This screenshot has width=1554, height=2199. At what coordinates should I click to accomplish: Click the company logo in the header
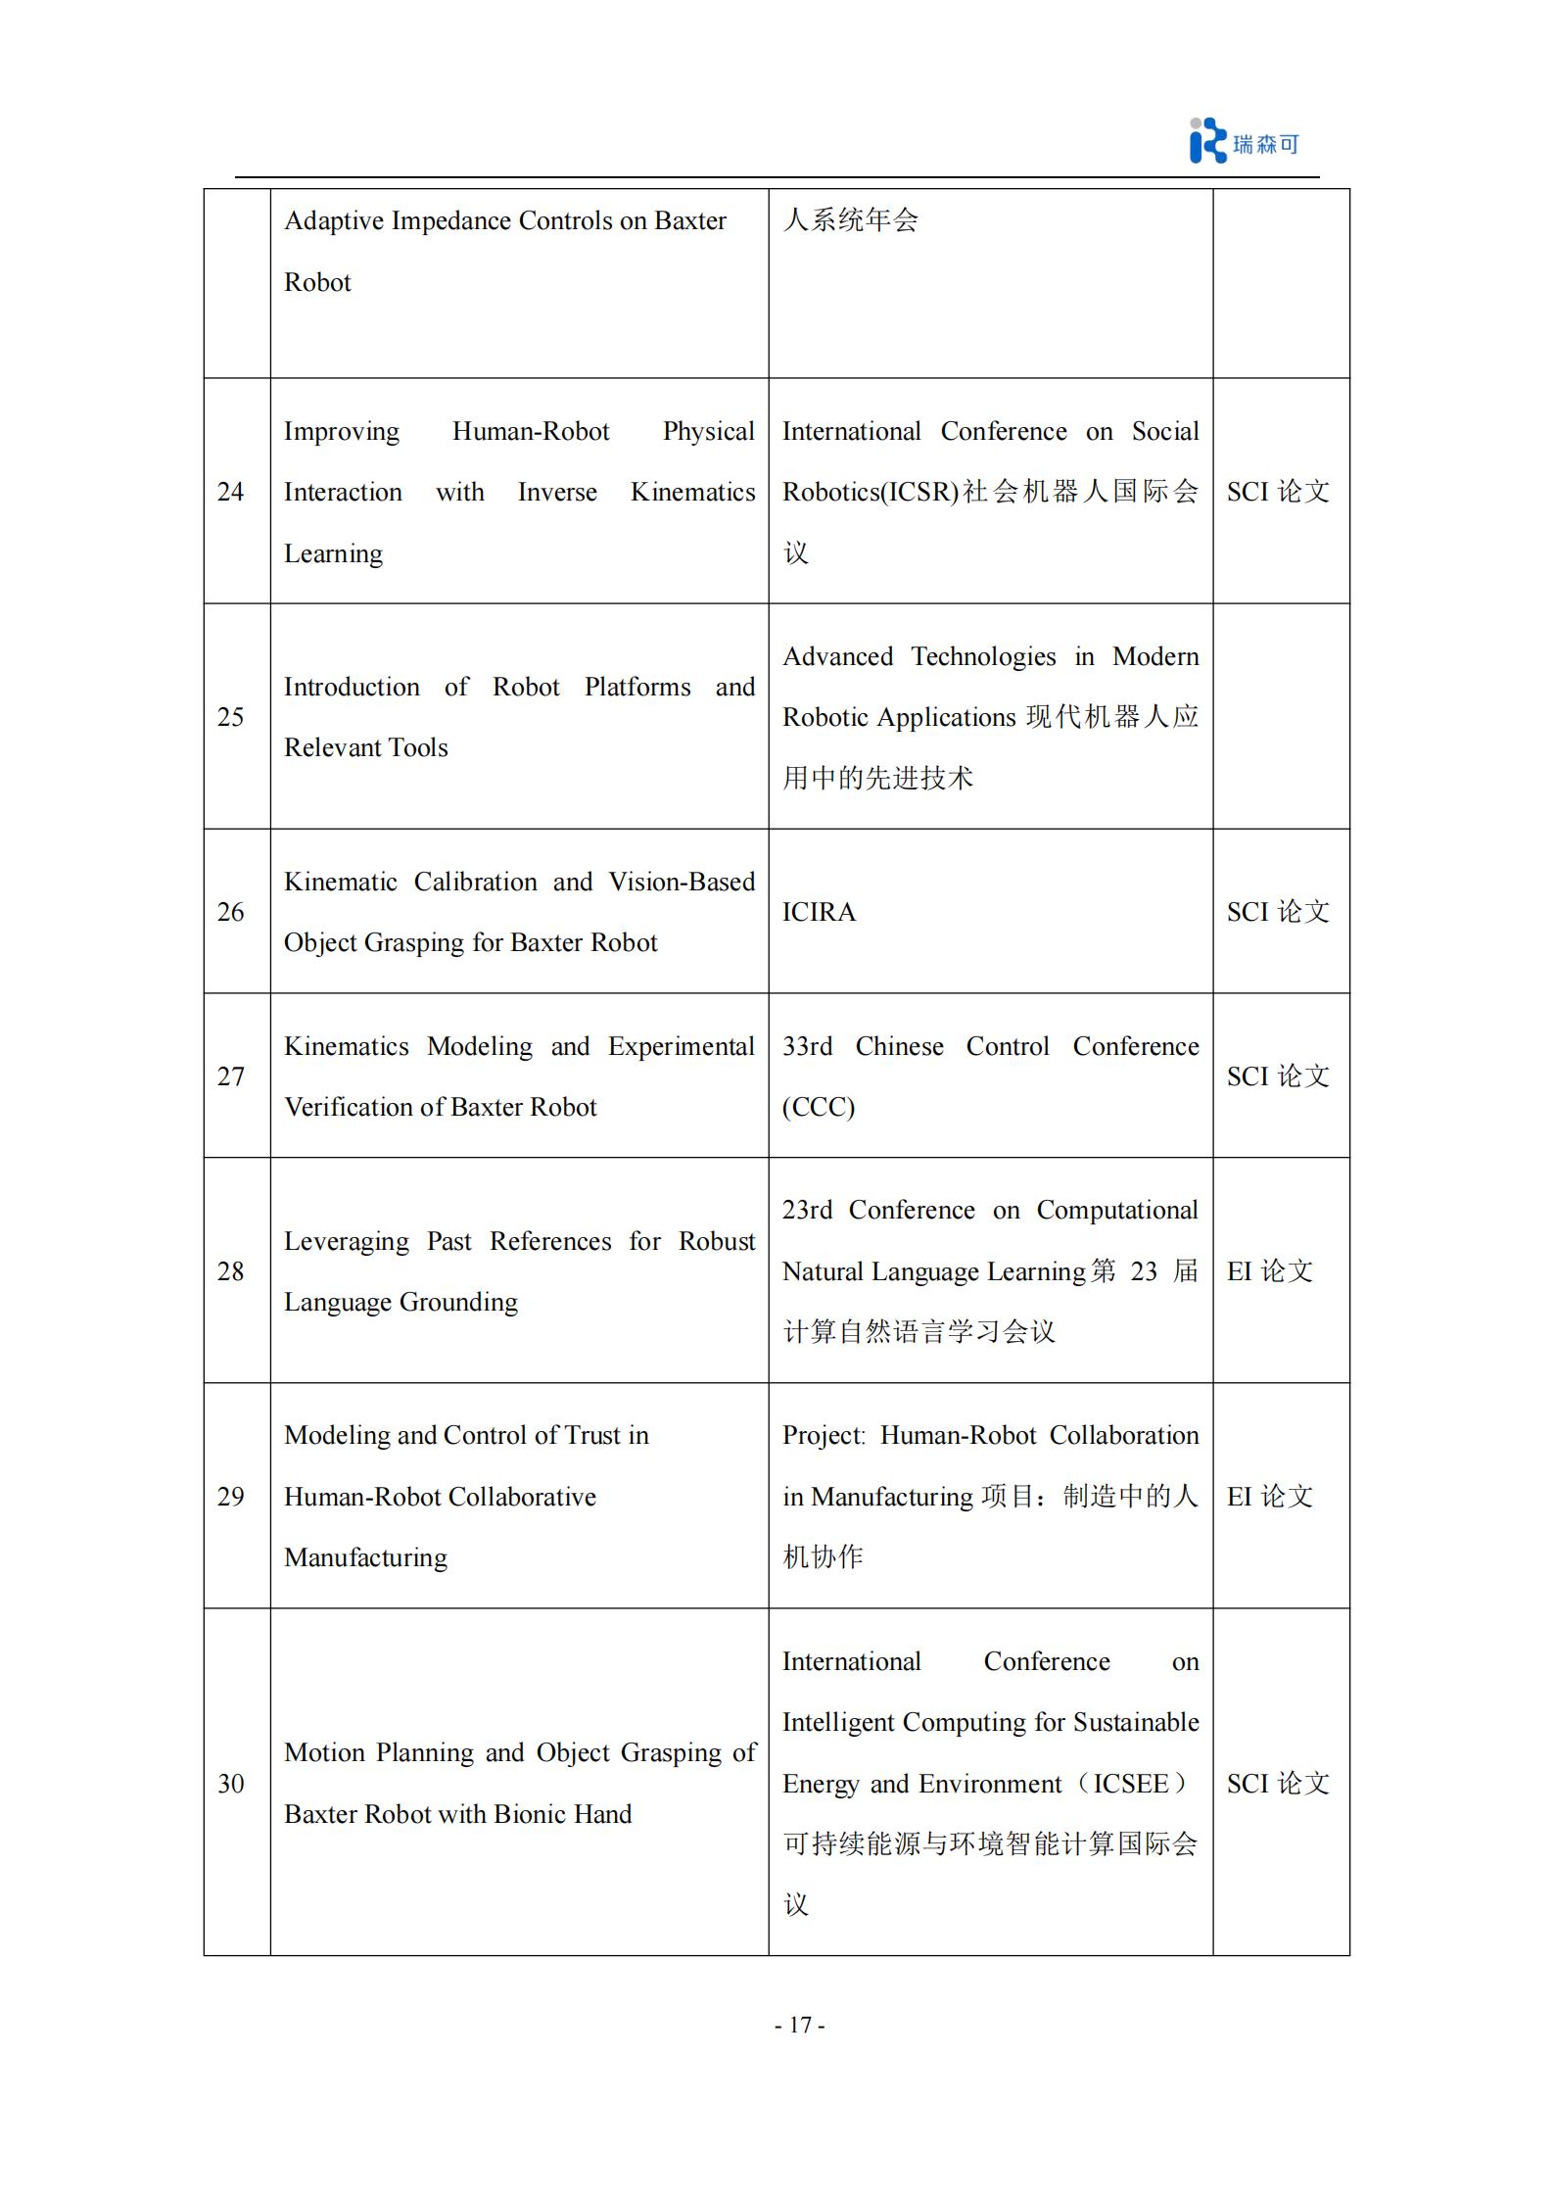[1244, 142]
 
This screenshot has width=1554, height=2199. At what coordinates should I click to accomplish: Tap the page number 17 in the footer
[800, 2025]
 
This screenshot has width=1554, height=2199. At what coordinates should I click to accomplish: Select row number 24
[231, 492]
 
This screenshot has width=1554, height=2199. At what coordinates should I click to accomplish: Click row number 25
[231, 717]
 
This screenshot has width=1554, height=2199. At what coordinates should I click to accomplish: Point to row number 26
[231, 912]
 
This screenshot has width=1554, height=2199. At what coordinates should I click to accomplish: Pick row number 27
[231, 1076]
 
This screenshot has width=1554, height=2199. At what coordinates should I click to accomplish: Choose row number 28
[231, 1271]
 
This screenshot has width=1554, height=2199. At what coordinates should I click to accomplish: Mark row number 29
[231, 1497]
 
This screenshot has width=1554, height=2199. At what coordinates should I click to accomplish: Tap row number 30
[231, 1784]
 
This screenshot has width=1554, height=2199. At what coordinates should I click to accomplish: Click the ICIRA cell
[819, 912]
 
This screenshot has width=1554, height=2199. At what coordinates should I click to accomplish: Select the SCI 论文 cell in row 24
[1278, 492]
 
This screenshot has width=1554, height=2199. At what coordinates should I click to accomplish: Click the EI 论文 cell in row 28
[1269, 1271]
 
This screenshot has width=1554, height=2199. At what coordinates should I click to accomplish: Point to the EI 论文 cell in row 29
[1269, 1497]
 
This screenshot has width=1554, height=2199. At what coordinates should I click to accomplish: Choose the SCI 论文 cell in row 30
[1278, 1784]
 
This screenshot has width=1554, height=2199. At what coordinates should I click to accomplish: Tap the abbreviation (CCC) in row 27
[819, 1107]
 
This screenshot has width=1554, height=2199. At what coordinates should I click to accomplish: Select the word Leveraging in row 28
[347, 1242]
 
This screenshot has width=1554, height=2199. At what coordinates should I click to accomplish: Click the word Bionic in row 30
[530, 1814]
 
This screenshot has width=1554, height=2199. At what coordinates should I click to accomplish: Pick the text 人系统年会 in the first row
[850, 220]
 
